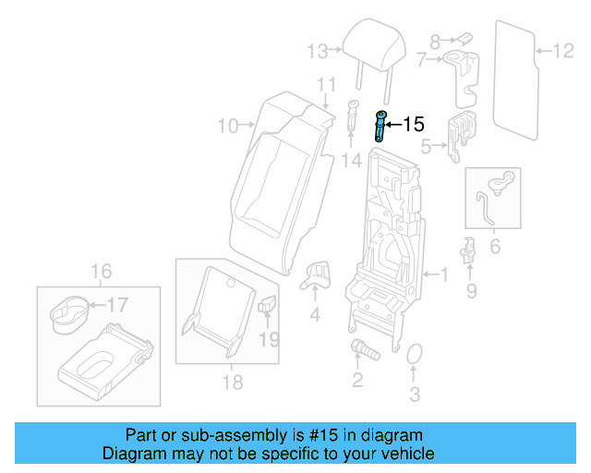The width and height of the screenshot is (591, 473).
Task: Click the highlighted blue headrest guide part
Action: tap(380, 125)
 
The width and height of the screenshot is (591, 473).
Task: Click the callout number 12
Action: tap(562, 50)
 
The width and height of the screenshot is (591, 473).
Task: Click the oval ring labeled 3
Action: tap(414, 357)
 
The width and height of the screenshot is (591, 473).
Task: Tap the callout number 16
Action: tap(101, 271)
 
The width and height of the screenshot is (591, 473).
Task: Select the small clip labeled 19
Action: tap(269, 306)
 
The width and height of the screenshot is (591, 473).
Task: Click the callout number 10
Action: tap(227, 124)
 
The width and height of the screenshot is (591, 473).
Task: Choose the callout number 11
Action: tap(324, 86)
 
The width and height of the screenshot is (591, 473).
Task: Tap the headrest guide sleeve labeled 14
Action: tap(352, 115)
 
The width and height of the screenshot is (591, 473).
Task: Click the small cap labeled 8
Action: tap(464, 39)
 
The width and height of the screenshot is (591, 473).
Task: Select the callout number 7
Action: tap(422, 60)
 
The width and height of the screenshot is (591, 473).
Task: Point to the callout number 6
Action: tap(494, 247)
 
